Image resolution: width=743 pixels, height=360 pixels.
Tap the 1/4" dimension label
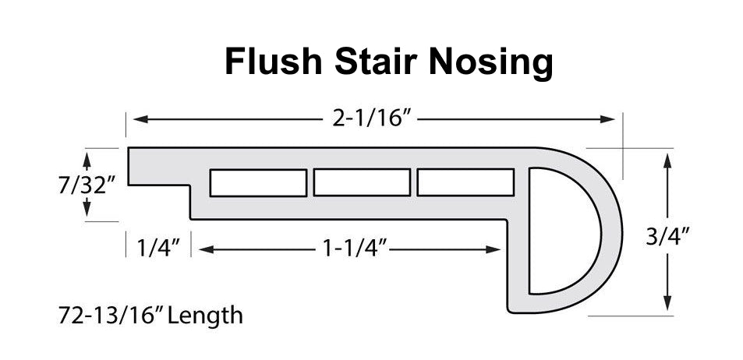point(160,249)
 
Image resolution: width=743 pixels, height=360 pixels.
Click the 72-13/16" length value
point(117,316)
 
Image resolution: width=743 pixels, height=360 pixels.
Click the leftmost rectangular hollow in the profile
point(257,183)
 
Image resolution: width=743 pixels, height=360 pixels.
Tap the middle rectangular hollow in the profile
point(362,183)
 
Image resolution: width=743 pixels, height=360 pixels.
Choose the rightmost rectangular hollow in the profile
point(465,183)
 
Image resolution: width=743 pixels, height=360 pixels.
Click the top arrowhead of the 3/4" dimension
point(667,160)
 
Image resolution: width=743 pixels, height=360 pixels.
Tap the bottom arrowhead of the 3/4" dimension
point(667,305)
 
